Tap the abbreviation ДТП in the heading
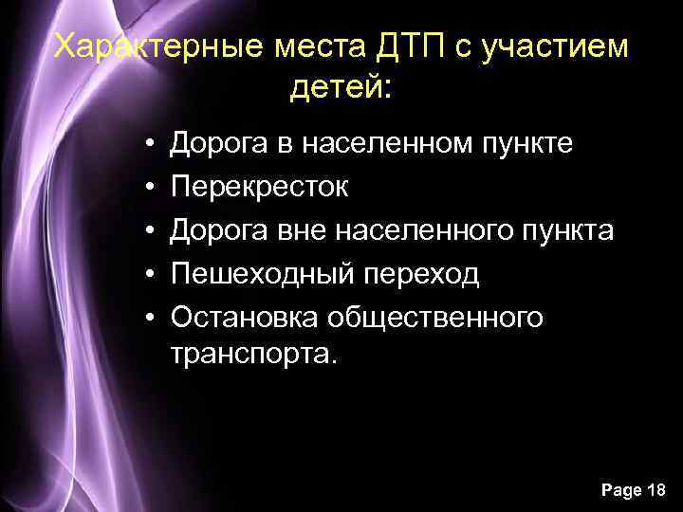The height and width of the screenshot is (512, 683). point(394,46)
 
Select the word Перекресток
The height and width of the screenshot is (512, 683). point(259,188)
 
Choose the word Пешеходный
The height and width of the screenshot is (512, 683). point(261,274)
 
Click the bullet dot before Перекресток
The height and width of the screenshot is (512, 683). point(151,188)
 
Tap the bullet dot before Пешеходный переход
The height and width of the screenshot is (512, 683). point(151,274)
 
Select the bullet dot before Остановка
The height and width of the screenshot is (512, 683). point(151,318)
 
